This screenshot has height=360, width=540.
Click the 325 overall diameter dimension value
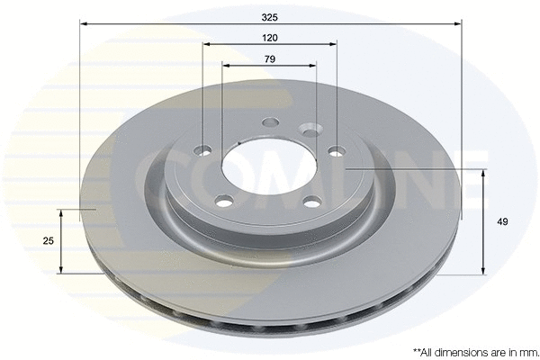click(x=269, y=15)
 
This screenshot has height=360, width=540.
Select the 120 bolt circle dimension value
click(x=269, y=37)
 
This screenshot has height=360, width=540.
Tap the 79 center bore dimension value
click(x=269, y=59)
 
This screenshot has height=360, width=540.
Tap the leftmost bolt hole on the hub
click(x=203, y=149)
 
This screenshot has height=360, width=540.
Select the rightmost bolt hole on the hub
click(x=337, y=151)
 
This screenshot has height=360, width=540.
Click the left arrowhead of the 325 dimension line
click(x=83, y=23)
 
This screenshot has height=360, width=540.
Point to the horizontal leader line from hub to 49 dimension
click(x=414, y=169)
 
